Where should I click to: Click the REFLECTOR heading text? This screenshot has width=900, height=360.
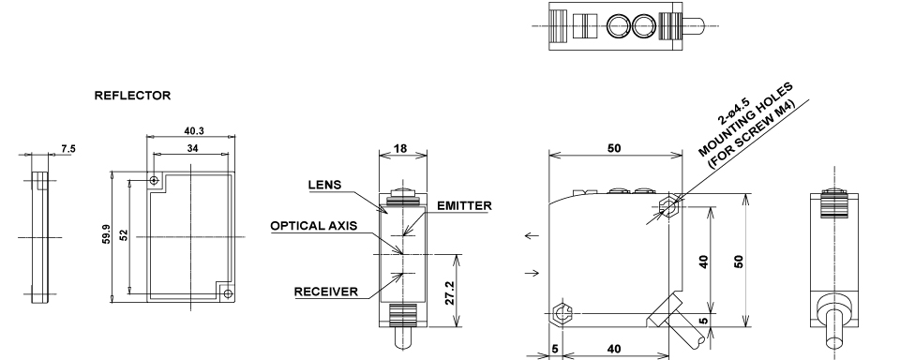(x=132, y=96)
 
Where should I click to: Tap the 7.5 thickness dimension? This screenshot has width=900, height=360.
(x=68, y=149)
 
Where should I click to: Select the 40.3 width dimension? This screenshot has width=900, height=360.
(x=194, y=131)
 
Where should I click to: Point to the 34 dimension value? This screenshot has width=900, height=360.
(x=193, y=148)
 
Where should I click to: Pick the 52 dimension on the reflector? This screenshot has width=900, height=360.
(x=124, y=234)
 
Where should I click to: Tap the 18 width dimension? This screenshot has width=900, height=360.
(x=400, y=148)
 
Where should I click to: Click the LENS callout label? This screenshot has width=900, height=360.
(x=325, y=185)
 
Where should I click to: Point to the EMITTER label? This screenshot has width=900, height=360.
(x=464, y=205)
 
